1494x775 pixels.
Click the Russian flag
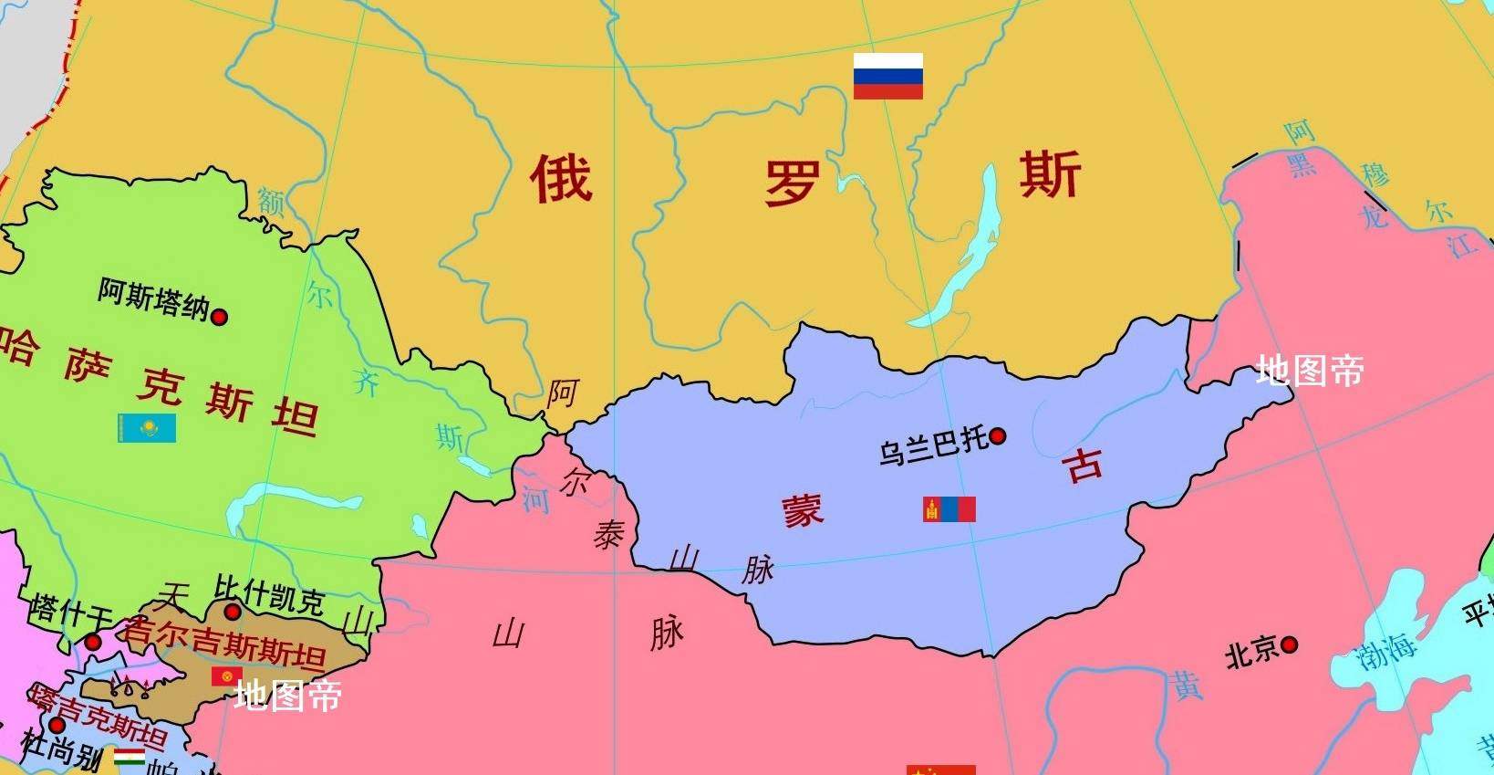coord(887,76)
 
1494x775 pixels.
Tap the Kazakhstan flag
coord(146,428)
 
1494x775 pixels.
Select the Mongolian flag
coord(949,509)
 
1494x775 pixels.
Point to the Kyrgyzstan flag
coord(226,676)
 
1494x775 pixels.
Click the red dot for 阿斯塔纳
coord(219,317)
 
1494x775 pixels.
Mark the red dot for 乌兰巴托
coord(998,436)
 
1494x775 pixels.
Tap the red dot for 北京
coord(1289,645)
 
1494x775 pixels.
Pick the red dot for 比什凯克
coord(233,612)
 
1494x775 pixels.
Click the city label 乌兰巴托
coord(933,446)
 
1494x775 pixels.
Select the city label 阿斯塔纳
coord(153,298)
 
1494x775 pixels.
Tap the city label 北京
coord(1251,651)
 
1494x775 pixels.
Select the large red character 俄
coord(561,177)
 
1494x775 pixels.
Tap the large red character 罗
coord(791,183)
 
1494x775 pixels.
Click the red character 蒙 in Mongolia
coord(802,510)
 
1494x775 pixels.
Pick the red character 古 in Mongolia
coord(1084,465)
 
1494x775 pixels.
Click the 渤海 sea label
coord(1385,649)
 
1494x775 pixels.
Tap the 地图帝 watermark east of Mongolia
coord(1309,371)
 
